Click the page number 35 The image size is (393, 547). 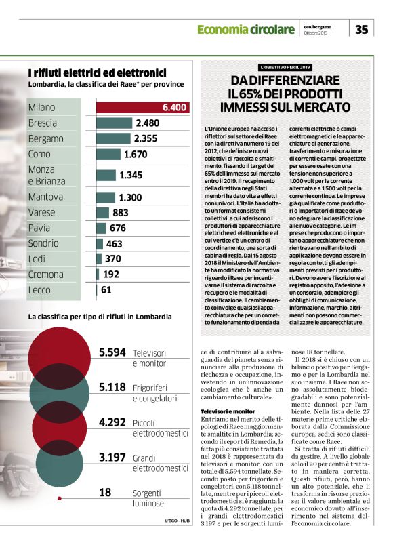click(362, 28)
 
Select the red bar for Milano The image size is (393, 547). click(142, 107)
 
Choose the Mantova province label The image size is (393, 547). click(46, 197)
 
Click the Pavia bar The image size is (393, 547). click(102, 228)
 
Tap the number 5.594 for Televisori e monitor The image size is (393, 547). click(112, 352)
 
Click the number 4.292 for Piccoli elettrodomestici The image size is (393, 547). click(112, 422)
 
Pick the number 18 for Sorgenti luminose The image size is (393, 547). click(105, 492)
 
